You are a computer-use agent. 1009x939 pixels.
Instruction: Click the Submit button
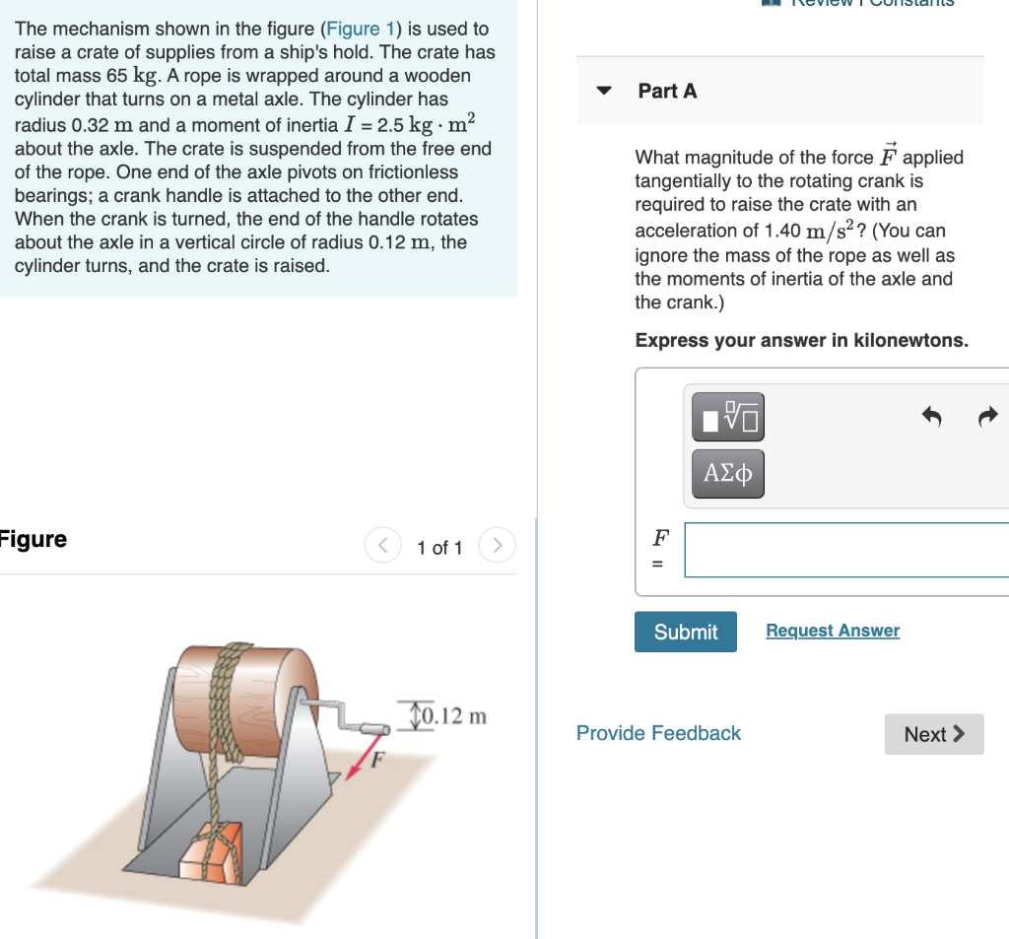[685, 632]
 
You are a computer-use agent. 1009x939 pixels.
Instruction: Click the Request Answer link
[832, 631]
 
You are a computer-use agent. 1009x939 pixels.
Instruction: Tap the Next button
[933, 734]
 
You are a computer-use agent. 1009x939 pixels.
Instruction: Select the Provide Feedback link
[658, 733]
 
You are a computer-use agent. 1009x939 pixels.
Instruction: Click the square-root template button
[728, 418]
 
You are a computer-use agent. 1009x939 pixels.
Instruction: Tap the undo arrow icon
[931, 417]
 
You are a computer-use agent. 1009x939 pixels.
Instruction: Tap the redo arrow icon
[988, 417]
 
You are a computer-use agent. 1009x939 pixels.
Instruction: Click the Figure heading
[34, 539]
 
